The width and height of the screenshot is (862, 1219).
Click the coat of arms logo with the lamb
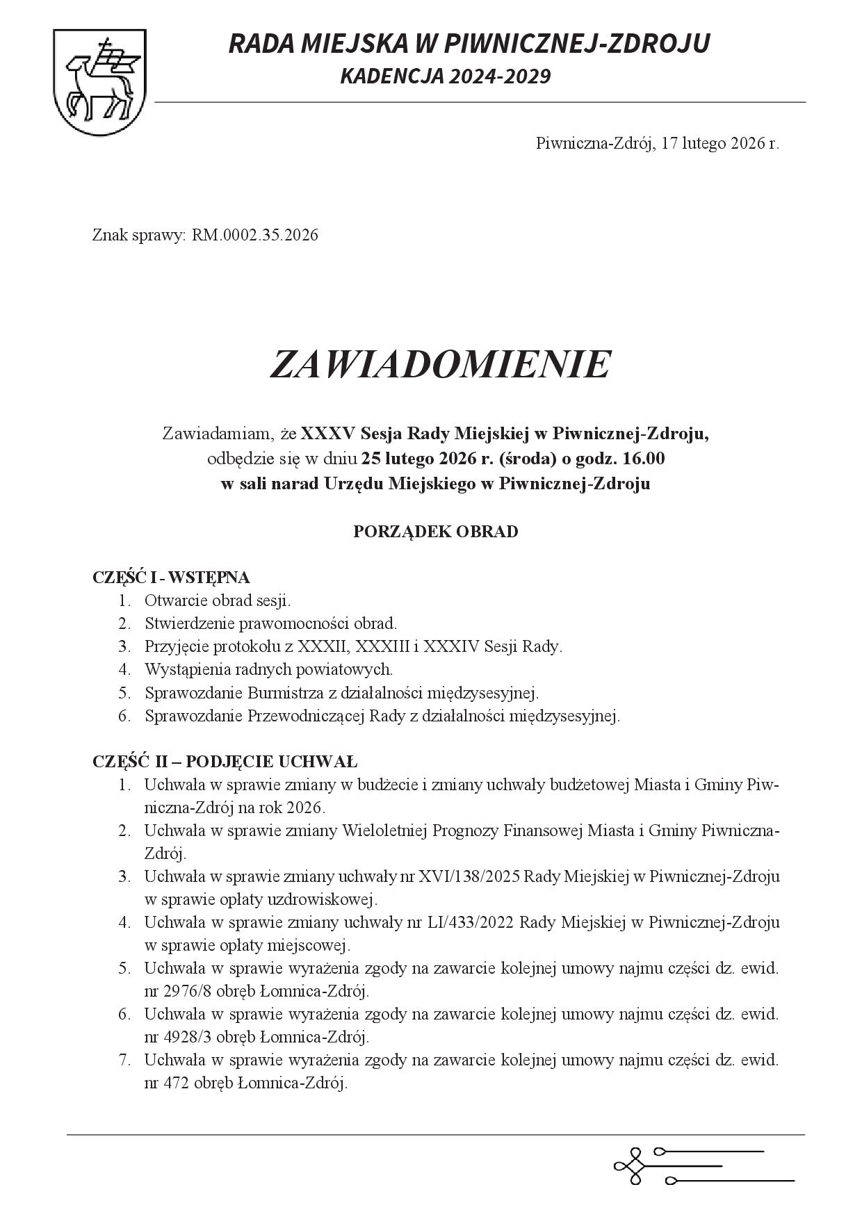click(x=100, y=83)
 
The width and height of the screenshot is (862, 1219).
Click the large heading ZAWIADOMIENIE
click(x=439, y=364)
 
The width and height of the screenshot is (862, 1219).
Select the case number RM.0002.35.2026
click(x=255, y=235)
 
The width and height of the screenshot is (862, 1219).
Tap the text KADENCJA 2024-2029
click(x=445, y=76)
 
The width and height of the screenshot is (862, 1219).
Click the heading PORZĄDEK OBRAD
click(x=435, y=532)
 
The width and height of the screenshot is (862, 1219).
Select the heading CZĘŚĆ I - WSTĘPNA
click(x=171, y=577)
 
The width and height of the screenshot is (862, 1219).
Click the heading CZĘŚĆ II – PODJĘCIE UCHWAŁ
click(x=225, y=760)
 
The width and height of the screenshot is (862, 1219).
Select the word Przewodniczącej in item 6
click(x=306, y=716)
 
